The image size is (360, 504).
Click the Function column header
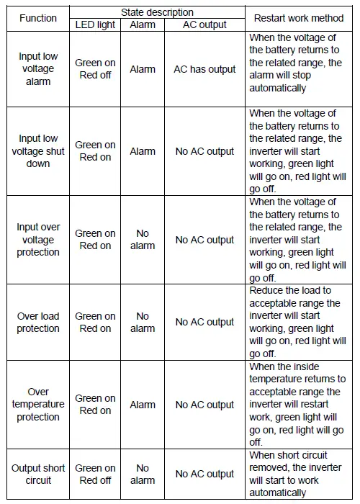[38, 18]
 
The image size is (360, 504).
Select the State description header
[158, 12]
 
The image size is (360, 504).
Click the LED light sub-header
[95, 24]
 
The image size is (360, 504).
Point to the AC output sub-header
[204, 24]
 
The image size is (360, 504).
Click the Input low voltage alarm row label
[38, 69]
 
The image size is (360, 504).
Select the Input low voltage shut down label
[38, 151]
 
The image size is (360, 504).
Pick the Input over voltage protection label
[38, 240]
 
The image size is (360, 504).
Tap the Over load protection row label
[38, 322]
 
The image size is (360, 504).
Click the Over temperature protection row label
[38, 405]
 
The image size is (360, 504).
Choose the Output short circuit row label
[38, 474]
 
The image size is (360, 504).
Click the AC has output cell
[204, 69]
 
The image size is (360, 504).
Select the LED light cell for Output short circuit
[95, 474]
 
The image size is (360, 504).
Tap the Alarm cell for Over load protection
[143, 322]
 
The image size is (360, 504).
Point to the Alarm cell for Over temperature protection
[143, 405]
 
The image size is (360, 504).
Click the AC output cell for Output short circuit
[204, 474]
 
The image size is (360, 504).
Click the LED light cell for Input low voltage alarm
[95, 69]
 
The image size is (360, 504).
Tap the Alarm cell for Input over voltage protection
[143, 240]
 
